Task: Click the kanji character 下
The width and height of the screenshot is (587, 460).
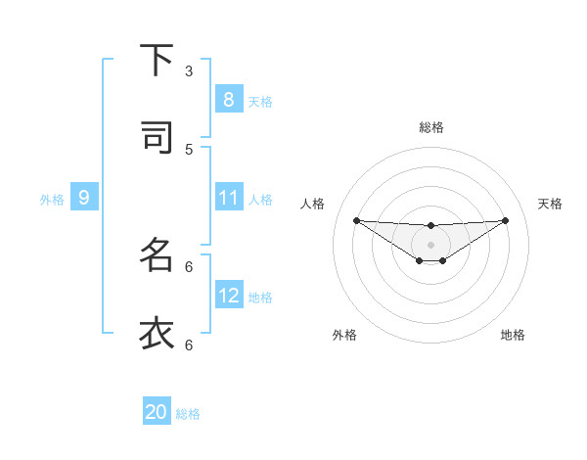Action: (157, 61)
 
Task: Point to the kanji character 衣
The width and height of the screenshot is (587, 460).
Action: (157, 333)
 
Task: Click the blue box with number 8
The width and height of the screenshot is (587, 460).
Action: (228, 99)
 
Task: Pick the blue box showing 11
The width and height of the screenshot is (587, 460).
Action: (228, 198)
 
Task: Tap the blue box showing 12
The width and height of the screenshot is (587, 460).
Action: (228, 295)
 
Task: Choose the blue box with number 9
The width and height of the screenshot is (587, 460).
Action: (84, 198)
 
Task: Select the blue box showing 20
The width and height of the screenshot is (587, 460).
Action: (157, 412)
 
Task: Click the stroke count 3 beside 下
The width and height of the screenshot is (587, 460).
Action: (189, 70)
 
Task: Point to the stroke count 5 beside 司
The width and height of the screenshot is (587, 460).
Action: (189, 149)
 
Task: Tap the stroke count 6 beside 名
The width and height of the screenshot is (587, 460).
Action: (189, 266)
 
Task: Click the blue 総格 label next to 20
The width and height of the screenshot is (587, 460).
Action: (188, 414)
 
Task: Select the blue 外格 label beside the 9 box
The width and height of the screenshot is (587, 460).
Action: (52, 200)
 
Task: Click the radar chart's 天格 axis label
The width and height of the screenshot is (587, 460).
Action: (550, 204)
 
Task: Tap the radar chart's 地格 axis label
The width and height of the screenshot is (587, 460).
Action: (513, 335)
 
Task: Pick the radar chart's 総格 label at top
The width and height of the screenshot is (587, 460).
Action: (430, 127)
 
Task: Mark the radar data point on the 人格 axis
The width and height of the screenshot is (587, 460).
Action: (356, 220)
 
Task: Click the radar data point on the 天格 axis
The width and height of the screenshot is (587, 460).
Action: (505, 220)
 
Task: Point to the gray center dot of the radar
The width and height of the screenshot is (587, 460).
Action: (430, 244)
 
